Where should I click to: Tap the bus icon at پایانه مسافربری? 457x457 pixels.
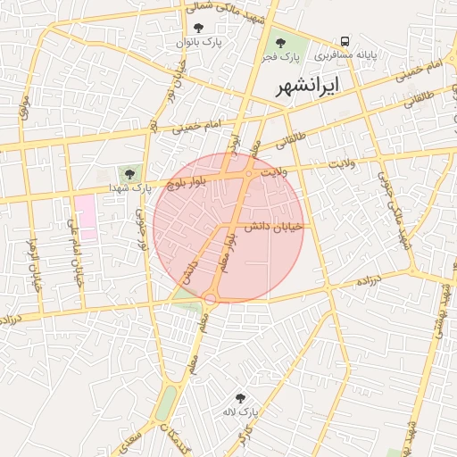345,41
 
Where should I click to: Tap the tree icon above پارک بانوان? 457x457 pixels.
198,29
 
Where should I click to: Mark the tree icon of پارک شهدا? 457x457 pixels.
131,173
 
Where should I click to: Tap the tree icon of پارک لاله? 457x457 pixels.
240,398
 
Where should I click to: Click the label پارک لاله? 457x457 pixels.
241,412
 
